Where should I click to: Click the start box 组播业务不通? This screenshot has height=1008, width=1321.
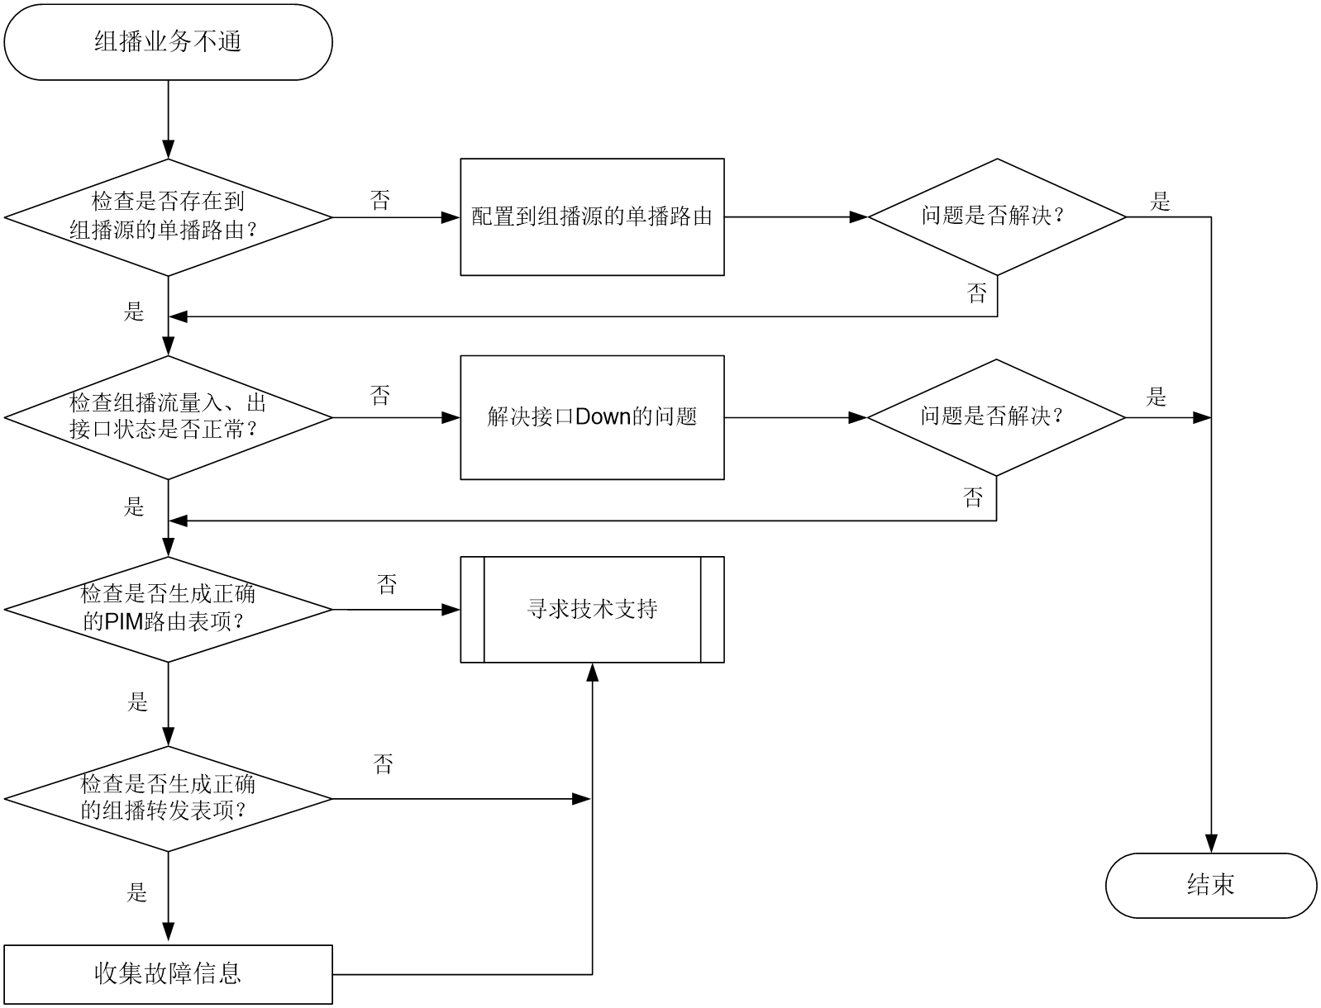pyautogui.click(x=168, y=42)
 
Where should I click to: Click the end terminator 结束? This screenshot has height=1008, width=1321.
pyautogui.click(x=1211, y=886)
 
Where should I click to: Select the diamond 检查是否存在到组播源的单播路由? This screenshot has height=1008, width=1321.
pyautogui.click(x=168, y=217)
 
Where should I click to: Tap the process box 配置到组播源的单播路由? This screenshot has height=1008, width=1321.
pyautogui.click(x=592, y=217)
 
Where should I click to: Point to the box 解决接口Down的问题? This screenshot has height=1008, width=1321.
pyautogui.click(x=592, y=417)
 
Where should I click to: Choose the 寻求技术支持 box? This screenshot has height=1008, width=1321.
pyautogui.click(x=592, y=609)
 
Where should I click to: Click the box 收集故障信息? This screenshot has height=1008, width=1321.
pyautogui.click(x=168, y=974)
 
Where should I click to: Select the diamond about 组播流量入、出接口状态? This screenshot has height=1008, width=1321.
pyautogui.click(x=168, y=417)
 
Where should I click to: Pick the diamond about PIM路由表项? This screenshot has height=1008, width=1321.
pyautogui.click(x=168, y=609)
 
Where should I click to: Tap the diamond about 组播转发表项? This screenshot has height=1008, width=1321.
pyautogui.click(x=168, y=799)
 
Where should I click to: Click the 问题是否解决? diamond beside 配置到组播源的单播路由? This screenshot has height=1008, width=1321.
pyautogui.click(x=997, y=217)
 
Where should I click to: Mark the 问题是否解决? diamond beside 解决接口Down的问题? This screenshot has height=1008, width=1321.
pyautogui.click(x=996, y=417)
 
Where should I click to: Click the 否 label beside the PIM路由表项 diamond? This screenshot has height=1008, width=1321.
pyautogui.click(x=387, y=584)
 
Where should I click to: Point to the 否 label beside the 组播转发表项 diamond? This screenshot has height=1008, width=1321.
pyautogui.click(x=384, y=763)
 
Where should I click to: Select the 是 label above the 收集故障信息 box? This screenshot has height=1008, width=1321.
pyautogui.click(x=137, y=892)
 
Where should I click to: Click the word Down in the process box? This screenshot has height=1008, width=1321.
pyautogui.click(x=603, y=416)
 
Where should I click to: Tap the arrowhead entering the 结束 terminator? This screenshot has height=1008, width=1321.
pyautogui.click(x=1211, y=844)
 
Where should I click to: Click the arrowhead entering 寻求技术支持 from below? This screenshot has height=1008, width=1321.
pyautogui.click(x=592, y=672)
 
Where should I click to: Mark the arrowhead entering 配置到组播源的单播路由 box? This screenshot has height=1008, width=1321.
pyautogui.click(x=451, y=217)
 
